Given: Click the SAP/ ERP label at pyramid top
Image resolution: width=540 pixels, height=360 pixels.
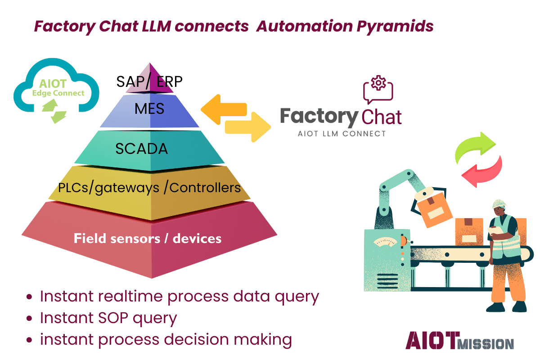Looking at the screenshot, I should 149,81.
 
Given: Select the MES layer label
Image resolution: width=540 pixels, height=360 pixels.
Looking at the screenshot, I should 149,109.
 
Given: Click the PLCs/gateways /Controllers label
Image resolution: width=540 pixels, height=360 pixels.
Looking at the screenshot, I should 149,187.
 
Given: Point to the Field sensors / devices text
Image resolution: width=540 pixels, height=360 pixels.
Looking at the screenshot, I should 148,238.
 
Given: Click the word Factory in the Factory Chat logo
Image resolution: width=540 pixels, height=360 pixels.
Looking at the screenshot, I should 319,116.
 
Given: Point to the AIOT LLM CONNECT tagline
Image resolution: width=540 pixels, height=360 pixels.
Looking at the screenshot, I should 342,134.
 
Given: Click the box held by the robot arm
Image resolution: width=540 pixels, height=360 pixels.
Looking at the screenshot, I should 432,208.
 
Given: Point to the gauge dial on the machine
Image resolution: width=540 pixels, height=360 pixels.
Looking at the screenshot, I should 385,242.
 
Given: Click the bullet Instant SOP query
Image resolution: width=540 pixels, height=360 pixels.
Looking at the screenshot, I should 108,318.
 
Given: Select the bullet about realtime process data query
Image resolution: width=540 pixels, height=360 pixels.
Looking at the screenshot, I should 179,297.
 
